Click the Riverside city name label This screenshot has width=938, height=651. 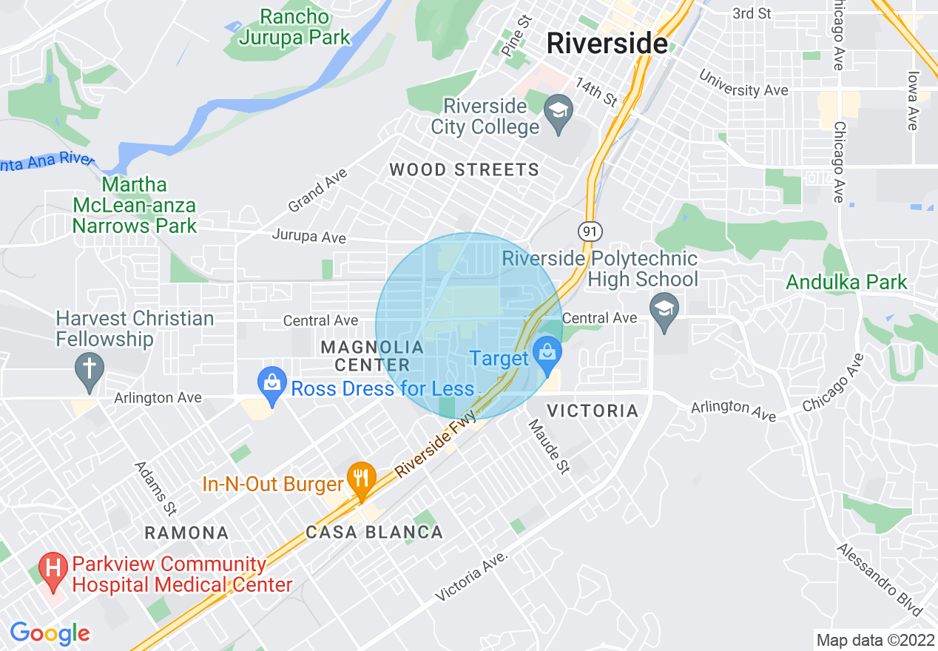607,44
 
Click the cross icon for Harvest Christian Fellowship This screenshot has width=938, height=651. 90,368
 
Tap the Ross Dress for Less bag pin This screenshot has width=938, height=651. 272,384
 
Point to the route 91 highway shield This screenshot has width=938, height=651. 589,232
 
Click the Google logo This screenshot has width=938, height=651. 50,633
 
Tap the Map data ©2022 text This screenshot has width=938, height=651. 874,640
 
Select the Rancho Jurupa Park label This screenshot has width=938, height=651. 294,27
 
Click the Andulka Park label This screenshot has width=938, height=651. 846,282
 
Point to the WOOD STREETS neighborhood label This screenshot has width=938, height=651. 465,170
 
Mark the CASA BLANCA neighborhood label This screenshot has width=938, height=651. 374,532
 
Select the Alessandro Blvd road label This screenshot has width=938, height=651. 880,580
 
